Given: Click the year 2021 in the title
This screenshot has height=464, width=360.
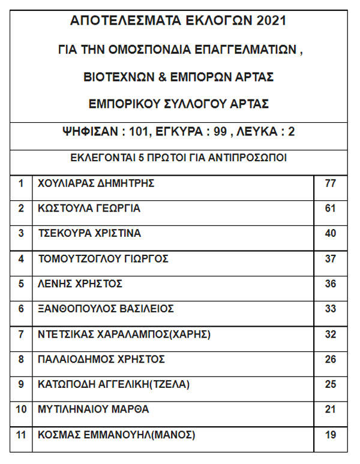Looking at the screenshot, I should click(270, 21).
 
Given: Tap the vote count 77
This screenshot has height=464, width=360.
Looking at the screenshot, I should click(330, 183).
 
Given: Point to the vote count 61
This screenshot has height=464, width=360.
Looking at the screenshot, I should click(330, 209).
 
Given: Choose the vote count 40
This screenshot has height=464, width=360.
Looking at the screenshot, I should click(330, 233).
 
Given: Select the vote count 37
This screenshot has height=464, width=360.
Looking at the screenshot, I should click(330, 259).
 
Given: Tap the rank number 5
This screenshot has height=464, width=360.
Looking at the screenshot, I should click(21, 284).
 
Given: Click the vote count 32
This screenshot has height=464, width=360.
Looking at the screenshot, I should click(330, 335).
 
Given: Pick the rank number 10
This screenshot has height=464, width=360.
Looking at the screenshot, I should click(21, 410).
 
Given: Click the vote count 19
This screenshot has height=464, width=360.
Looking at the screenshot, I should click(330, 435).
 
